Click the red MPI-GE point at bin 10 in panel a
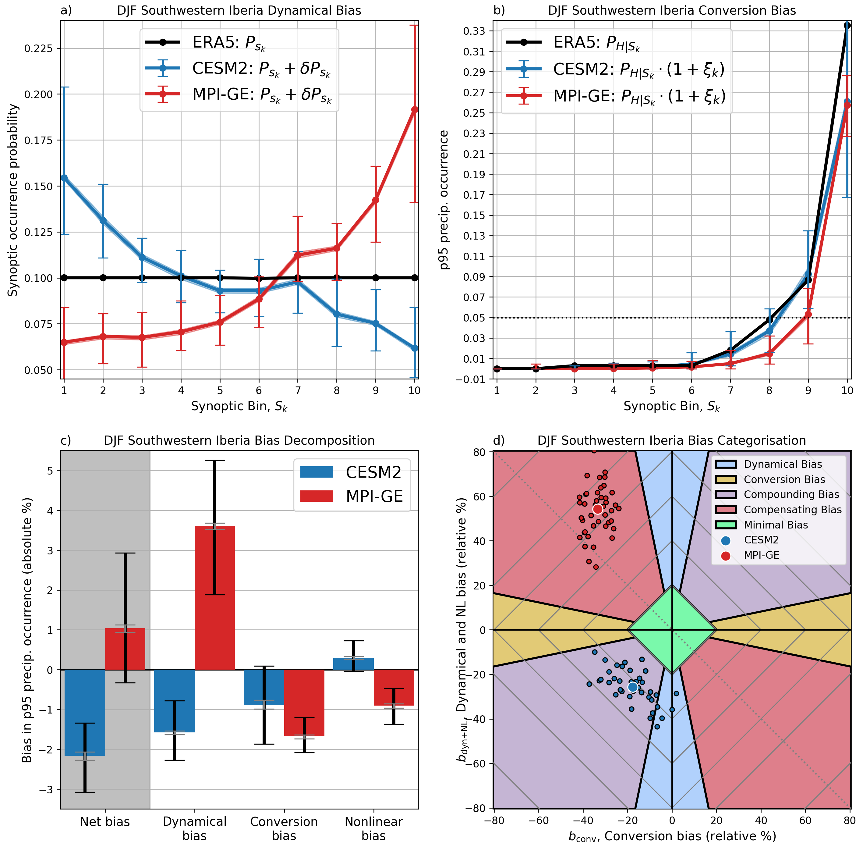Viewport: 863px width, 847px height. pyautogui.click(x=414, y=109)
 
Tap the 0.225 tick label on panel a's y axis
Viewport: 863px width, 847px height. pyautogui.click(x=39, y=48)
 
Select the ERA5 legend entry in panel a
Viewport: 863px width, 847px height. pyautogui.click(x=228, y=43)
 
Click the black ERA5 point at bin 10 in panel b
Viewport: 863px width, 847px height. pyautogui.click(x=847, y=25)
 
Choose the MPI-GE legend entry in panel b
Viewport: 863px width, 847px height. pyautogui.click(x=639, y=96)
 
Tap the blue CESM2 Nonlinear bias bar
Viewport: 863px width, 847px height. pyautogui.click(x=353, y=664)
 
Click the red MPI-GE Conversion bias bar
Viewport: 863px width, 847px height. pyautogui.click(x=304, y=703)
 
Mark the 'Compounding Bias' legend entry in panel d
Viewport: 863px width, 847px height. pyautogui.click(x=791, y=495)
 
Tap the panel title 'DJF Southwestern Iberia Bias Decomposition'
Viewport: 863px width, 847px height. pyautogui.click(x=239, y=440)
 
